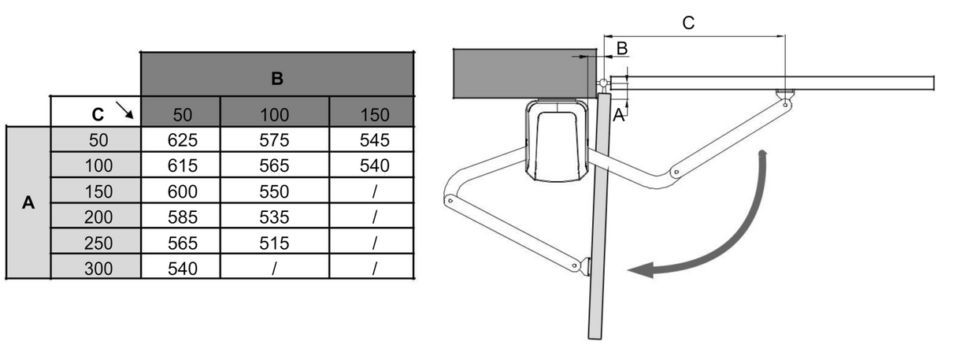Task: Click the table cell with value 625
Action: [x=180, y=139]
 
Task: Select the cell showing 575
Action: [x=274, y=139]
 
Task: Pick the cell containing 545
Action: [x=374, y=139]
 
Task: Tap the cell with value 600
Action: [x=180, y=191]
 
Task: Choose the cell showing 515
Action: [x=274, y=243]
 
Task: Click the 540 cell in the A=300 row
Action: [x=180, y=269]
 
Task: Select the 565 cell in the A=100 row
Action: [x=274, y=165]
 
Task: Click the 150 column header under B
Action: [x=374, y=114]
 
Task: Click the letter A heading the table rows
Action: [x=28, y=202]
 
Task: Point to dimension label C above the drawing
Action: [x=687, y=23]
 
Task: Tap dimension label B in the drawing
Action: [x=621, y=48]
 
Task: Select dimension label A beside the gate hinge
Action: [x=618, y=115]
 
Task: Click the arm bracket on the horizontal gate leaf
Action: [x=784, y=97]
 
